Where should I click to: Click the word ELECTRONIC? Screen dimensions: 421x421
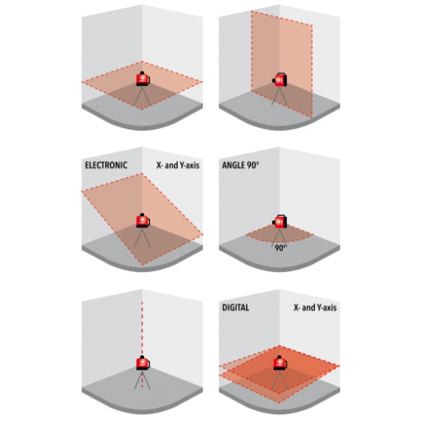coord(106,165)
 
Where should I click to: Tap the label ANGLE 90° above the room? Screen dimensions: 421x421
coord(240,165)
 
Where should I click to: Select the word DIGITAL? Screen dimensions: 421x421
coord(236,307)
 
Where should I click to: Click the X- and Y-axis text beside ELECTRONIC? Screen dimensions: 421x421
coord(178,165)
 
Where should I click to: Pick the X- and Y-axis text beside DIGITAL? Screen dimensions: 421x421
coord(315,307)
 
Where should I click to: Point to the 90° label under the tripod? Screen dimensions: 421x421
coord(280,248)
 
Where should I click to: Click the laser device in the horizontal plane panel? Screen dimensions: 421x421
coord(143,78)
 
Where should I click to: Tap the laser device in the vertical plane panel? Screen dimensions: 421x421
coord(280,79)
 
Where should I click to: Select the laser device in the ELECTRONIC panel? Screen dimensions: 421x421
coord(143,221)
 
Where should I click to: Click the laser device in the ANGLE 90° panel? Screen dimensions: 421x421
coord(280,221)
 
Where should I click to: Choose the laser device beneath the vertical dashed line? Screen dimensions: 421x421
coord(143,363)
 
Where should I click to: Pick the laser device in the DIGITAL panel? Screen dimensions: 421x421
coord(280,363)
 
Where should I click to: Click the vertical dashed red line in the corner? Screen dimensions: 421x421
coord(142,328)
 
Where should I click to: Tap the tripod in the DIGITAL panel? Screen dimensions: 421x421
coord(280,380)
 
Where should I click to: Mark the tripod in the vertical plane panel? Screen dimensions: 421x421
coord(280,96)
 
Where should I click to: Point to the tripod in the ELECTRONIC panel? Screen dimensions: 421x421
coord(142,237)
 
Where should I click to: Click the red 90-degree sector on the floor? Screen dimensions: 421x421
coord(280,234)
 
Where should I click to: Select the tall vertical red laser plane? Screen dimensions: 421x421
coord(282,65)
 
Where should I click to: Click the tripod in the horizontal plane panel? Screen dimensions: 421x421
coord(142,95)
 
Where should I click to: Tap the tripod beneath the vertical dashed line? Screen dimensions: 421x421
coord(142,380)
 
